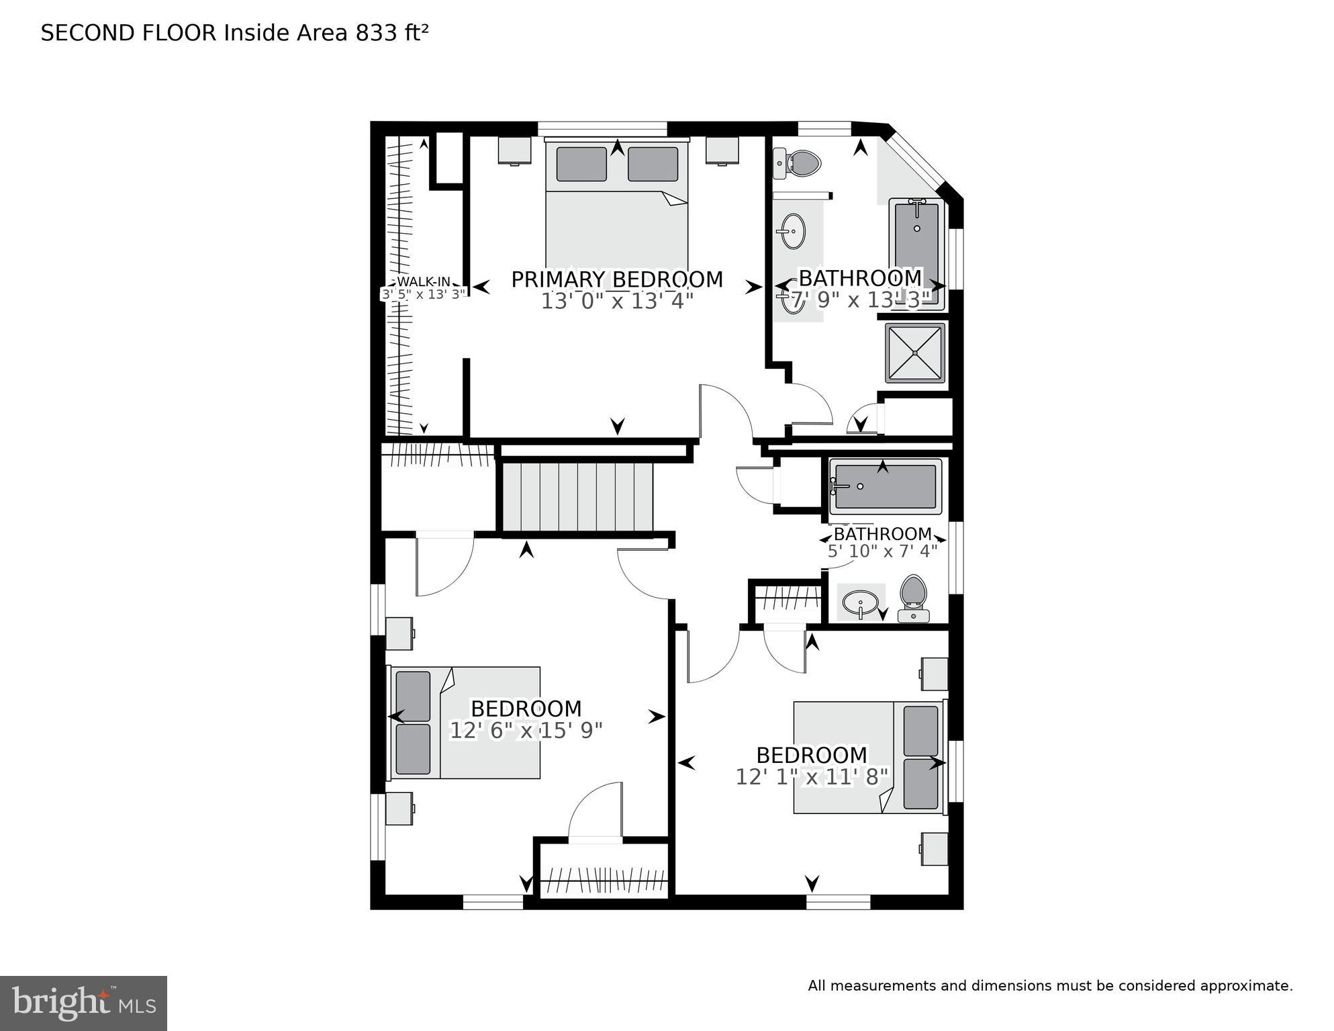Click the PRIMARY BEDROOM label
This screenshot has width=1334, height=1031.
(617, 279)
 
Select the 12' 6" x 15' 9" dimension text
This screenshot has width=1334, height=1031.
(526, 730)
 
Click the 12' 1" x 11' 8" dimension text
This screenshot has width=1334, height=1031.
(812, 777)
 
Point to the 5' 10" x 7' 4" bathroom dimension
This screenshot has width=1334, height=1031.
(882, 551)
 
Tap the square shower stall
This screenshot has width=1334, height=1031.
(914, 353)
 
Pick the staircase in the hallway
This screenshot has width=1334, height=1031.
(578, 496)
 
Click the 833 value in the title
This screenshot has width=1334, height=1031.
(377, 33)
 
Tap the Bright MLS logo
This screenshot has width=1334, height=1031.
(83, 1003)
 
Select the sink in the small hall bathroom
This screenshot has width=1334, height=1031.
(860, 602)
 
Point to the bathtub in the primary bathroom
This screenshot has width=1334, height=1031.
(916, 252)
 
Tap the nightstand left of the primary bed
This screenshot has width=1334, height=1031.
(514, 150)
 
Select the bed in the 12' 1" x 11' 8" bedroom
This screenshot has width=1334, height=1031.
(869, 757)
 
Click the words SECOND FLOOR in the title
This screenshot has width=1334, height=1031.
(129, 33)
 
